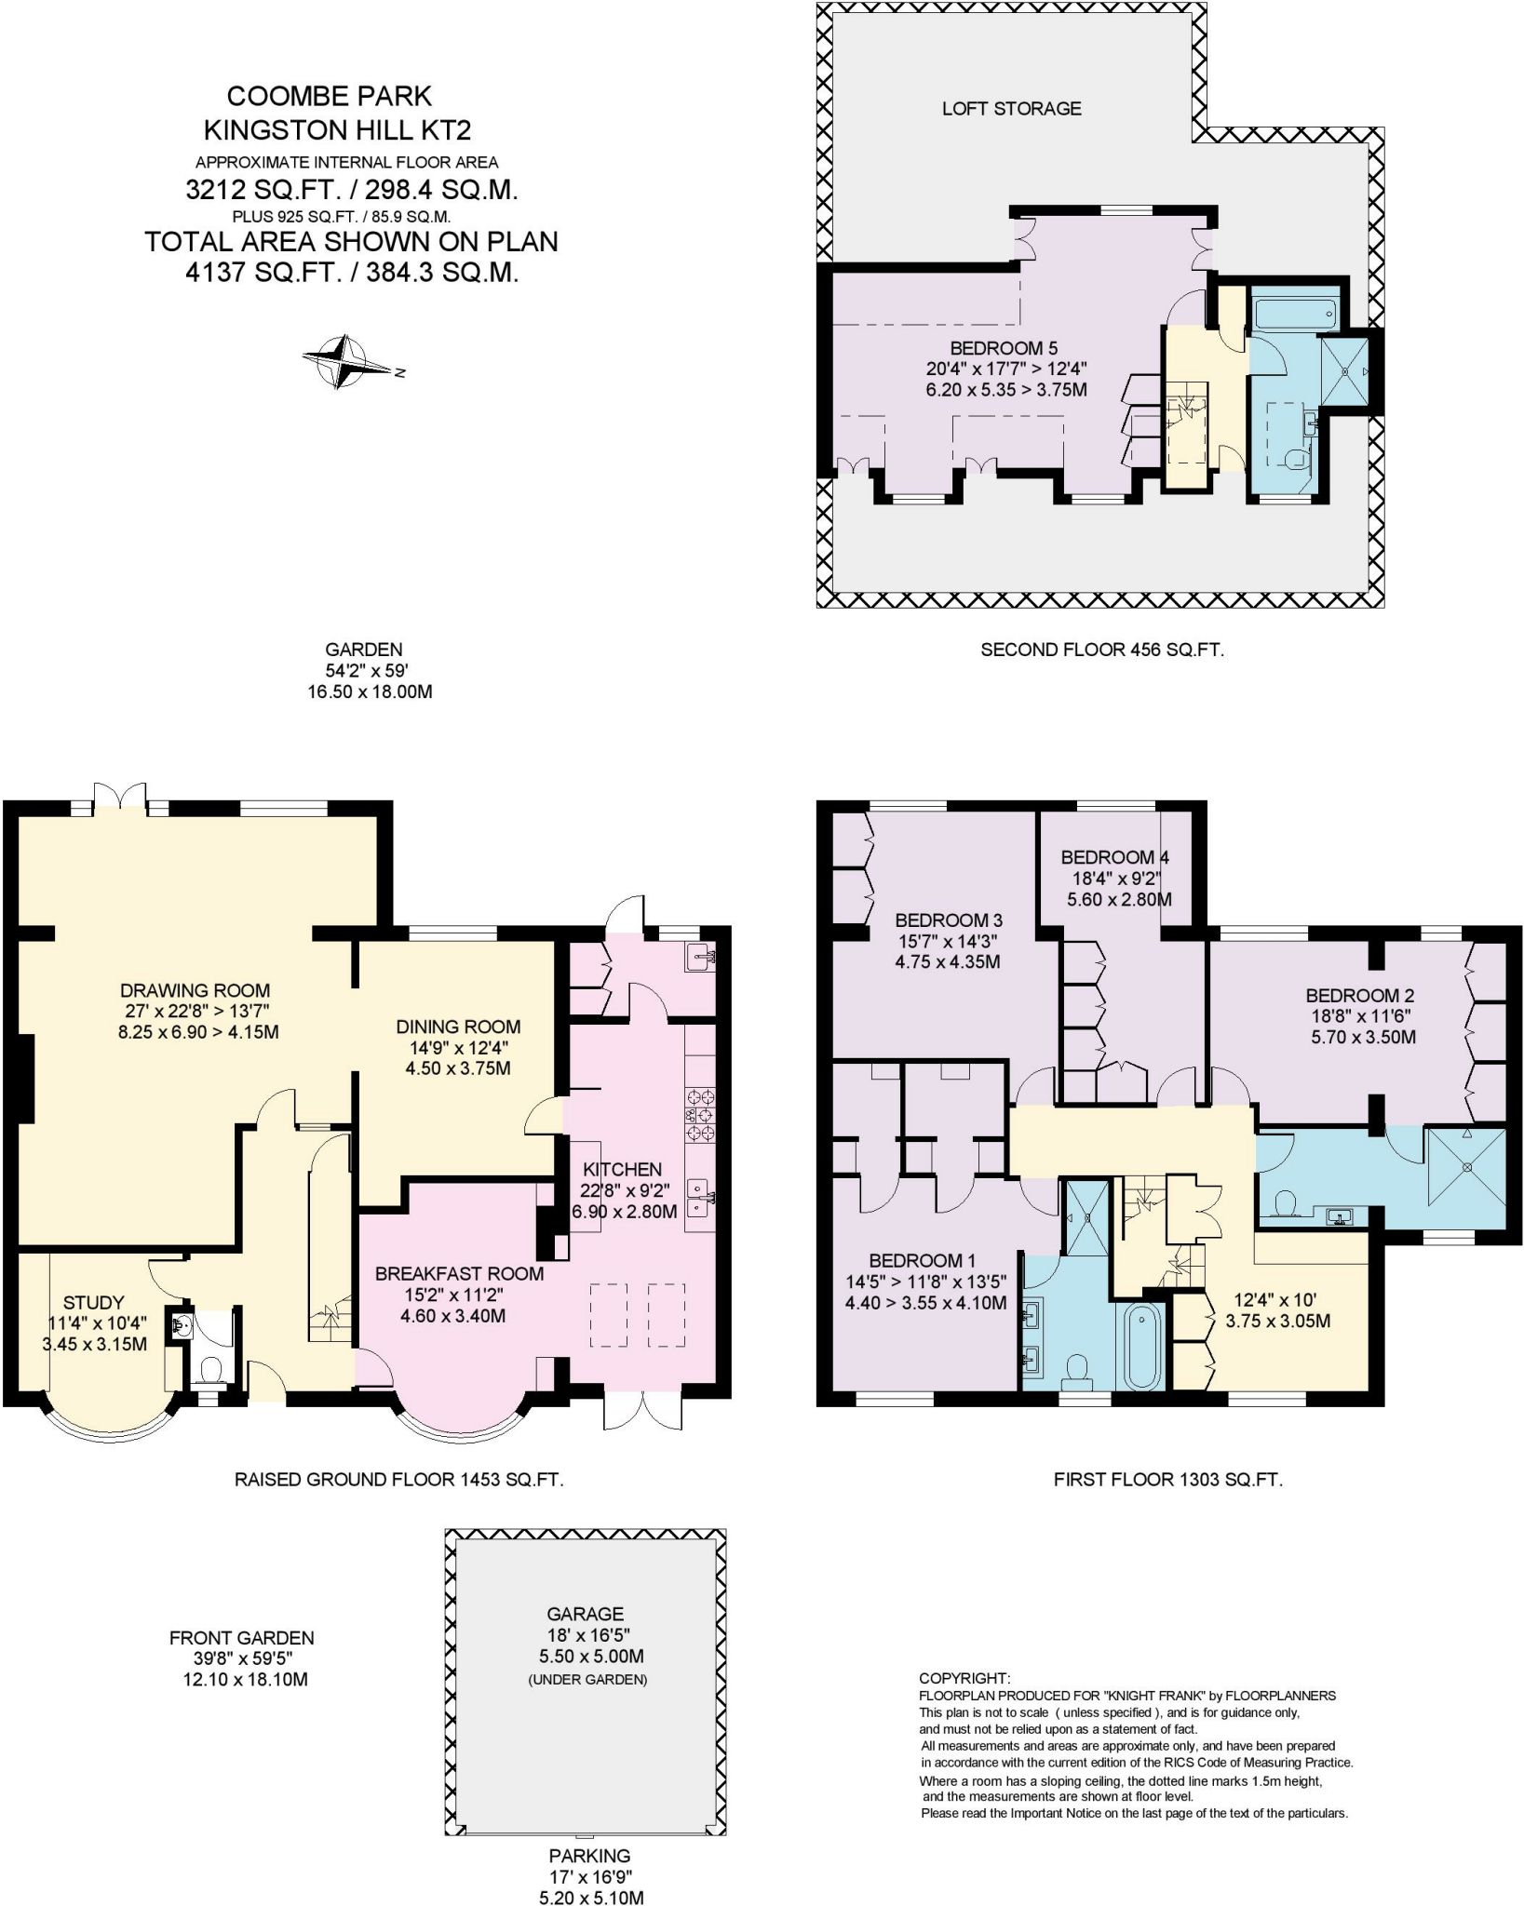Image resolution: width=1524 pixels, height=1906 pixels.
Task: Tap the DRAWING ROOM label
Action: click(x=195, y=990)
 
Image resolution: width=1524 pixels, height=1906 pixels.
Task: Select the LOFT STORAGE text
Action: click(x=1011, y=109)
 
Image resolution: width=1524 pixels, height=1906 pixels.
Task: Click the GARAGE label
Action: click(x=585, y=1614)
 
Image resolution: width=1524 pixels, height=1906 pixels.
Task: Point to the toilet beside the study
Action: click(x=211, y=1370)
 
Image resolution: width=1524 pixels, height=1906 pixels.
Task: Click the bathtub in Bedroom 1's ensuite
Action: click(x=1142, y=1349)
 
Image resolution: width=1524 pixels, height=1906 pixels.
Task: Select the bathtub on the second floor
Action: click(x=1296, y=314)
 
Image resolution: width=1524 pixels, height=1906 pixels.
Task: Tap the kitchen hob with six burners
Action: click(x=700, y=1114)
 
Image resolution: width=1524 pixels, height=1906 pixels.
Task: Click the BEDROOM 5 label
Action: click(x=1004, y=348)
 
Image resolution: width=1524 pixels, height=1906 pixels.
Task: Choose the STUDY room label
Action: click(x=93, y=1303)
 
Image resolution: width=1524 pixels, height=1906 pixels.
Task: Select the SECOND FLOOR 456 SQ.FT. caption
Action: click(x=1101, y=650)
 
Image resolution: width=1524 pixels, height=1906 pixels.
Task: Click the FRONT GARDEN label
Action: click(x=241, y=1638)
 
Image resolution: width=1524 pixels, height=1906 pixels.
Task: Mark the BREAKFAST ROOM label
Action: click(x=459, y=1273)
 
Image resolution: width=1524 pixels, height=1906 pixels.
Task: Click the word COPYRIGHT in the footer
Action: click(x=964, y=1678)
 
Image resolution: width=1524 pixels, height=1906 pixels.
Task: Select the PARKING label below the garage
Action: click(x=589, y=1856)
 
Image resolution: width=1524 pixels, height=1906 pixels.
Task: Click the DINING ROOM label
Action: click(x=458, y=1027)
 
